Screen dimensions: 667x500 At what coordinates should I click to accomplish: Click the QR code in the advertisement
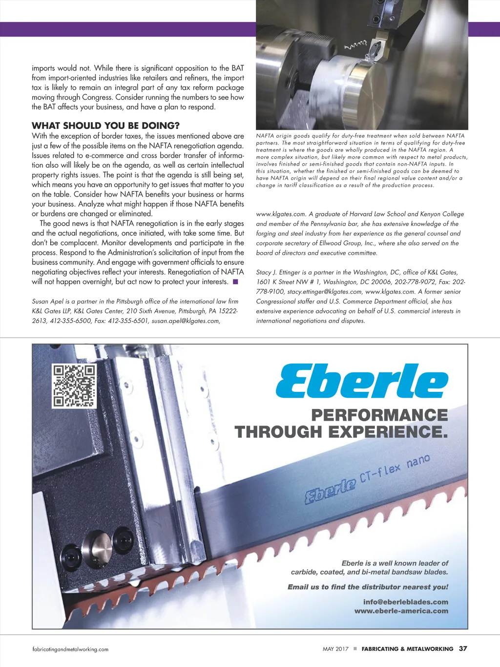click(x=74, y=386)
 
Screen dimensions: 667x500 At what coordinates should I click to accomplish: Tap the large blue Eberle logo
click(x=362, y=381)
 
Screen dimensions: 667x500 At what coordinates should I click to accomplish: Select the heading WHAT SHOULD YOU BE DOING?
click(x=105, y=126)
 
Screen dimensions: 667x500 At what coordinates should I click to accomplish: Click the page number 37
click(x=463, y=648)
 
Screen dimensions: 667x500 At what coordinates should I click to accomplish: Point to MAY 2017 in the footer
click(x=335, y=649)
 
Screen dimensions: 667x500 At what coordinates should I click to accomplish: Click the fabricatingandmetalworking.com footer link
click(x=70, y=649)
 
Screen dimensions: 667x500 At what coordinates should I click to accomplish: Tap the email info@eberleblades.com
click(x=405, y=602)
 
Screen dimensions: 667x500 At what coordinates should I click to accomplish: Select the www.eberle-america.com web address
click(x=401, y=611)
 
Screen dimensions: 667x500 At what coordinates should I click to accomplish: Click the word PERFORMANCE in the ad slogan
click(x=379, y=415)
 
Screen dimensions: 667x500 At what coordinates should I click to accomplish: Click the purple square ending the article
click(x=235, y=281)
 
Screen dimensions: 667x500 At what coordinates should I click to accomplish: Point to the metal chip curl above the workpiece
click(x=355, y=46)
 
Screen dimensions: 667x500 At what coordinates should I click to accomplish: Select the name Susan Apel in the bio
click(x=47, y=301)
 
